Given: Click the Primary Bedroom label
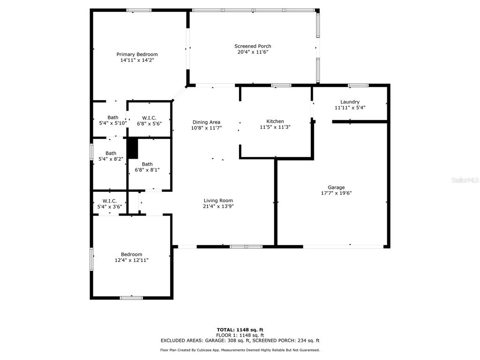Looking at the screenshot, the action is [x=137, y=54].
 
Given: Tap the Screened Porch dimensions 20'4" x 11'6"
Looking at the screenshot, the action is [x=253, y=52].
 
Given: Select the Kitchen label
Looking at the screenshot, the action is [x=275, y=121].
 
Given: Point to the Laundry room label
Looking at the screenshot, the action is [x=350, y=102].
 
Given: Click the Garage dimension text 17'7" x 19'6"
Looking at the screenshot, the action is [x=336, y=193].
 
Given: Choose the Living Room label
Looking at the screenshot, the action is [x=218, y=201].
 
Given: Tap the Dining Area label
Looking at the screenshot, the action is [x=206, y=122].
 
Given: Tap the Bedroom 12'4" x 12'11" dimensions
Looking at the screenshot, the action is [x=132, y=260].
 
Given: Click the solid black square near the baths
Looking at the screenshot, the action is [x=133, y=149].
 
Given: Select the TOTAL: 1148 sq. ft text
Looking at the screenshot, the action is [x=240, y=330].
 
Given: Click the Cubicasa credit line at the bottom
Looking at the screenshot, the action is [x=240, y=350].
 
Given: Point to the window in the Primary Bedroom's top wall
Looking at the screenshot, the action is [x=139, y=10].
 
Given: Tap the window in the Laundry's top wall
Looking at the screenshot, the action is [x=358, y=85].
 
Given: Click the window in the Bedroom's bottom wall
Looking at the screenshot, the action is [x=131, y=298].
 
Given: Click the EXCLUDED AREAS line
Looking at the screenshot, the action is [x=240, y=340].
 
